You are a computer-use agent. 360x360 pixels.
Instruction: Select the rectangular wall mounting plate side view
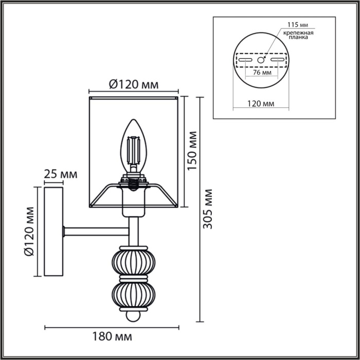coord(53,232)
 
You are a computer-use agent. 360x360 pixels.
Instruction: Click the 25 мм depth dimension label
coord(60,174)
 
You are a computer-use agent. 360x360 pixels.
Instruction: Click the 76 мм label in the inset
coord(262,73)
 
